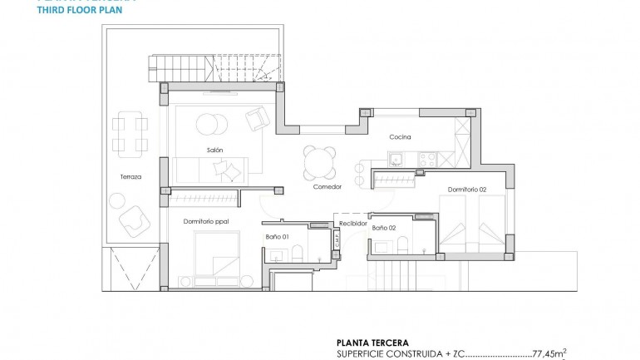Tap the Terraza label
(130, 177)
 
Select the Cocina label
(401, 137)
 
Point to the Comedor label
(327, 186)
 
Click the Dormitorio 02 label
(466, 189)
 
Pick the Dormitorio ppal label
(205, 221)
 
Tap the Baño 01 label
(278, 237)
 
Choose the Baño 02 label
(383, 227)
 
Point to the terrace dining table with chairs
(130, 133)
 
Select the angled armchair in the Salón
(257, 120)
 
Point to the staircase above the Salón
(214, 67)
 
